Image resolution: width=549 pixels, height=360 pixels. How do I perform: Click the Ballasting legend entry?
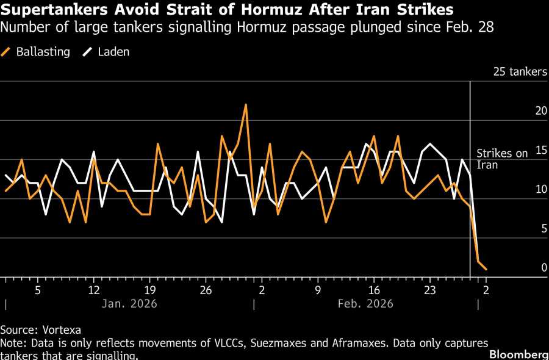(41, 52)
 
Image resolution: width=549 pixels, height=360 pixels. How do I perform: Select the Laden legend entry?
(113, 52)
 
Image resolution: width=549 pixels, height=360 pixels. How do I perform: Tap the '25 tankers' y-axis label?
(520, 72)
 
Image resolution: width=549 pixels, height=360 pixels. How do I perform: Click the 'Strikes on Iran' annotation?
(502, 159)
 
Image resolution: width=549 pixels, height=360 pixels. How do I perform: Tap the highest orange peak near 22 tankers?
(246, 105)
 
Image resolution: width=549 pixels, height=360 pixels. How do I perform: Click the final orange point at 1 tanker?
(486, 269)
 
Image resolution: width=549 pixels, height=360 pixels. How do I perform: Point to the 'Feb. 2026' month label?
(366, 303)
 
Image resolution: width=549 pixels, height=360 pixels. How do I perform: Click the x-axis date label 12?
(94, 289)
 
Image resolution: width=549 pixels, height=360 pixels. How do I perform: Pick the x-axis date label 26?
(206, 289)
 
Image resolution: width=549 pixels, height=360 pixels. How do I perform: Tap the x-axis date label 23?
(430, 289)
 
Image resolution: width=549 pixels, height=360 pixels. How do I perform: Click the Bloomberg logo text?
(518, 354)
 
